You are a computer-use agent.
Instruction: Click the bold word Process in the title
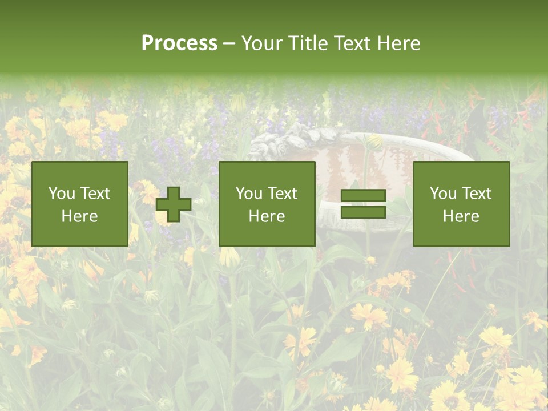pyautogui.click(x=179, y=43)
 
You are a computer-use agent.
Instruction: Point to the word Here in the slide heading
pyautogui.click(x=397, y=43)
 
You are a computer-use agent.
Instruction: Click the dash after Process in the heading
pyautogui.click(x=229, y=44)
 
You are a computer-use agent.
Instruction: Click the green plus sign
pyautogui.click(x=174, y=204)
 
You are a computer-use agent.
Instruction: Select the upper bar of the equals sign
pyautogui.click(x=363, y=196)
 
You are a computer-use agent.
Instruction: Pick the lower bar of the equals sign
pyautogui.click(x=363, y=212)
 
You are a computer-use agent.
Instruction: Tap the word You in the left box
pyautogui.click(x=62, y=194)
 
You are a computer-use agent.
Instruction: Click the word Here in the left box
pyautogui.click(x=79, y=216)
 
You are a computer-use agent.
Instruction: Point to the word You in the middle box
pyautogui.click(x=249, y=194)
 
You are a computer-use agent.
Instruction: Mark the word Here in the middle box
pyautogui.click(x=267, y=216)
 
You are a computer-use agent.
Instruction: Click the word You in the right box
pyautogui.click(x=443, y=194)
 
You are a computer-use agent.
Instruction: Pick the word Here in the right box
pyautogui.click(x=461, y=216)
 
